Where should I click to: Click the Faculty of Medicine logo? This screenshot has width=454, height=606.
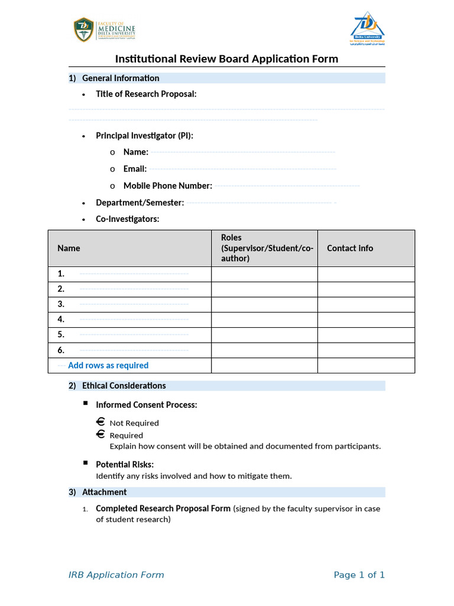click(104, 30)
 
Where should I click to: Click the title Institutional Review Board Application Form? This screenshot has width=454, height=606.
click(226, 59)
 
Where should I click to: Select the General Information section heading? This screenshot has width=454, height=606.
click(121, 78)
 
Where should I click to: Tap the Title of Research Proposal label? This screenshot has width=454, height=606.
click(146, 94)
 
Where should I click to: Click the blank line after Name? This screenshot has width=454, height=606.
click(242, 152)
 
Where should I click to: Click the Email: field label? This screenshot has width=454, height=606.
click(135, 169)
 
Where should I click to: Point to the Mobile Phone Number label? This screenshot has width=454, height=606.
click(167, 186)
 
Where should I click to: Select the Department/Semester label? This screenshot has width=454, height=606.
click(140, 202)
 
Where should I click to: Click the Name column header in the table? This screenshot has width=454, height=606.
click(69, 249)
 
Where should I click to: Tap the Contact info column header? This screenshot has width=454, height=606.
click(350, 249)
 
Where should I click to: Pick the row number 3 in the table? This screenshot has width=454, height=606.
click(61, 304)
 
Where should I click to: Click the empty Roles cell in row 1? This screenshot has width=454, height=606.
click(264, 274)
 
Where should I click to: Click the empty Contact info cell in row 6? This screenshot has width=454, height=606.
click(366, 350)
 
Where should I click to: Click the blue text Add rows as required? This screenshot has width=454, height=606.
click(108, 366)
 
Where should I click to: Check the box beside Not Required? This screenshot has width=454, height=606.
click(100, 423)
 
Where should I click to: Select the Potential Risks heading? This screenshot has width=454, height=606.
click(125, 465)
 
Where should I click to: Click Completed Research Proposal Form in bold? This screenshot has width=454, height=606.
click(163, 508)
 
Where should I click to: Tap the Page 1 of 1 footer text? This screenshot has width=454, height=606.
click(359, 575)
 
